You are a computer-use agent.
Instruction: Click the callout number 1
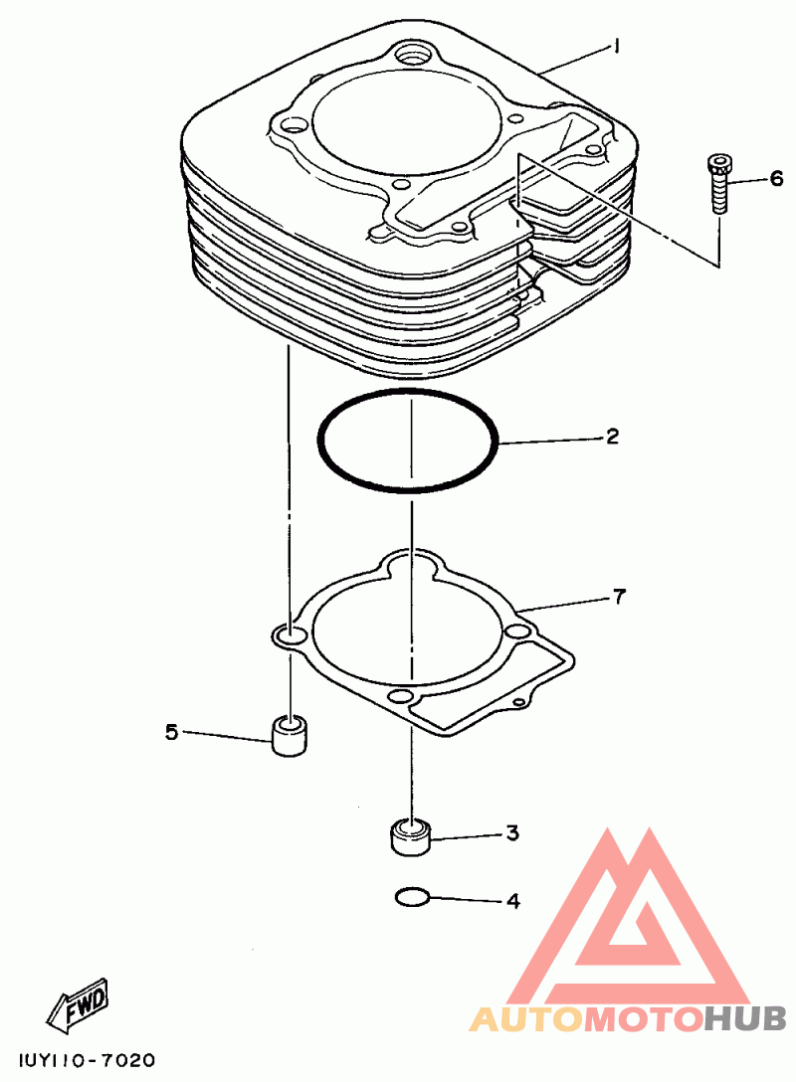click(617, 46)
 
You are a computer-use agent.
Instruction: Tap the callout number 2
click(613, 436)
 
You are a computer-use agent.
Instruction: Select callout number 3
click(512, 833)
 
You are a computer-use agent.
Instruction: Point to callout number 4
click(512, 902)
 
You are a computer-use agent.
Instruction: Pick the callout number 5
click(171, 732)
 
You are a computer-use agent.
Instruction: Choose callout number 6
click(776, 179)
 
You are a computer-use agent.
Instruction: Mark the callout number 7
click(619, 597)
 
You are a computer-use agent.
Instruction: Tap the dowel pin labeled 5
click(289, 735)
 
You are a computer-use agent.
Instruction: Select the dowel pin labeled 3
click(409, 836)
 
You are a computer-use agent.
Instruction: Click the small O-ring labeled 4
click(411, 898)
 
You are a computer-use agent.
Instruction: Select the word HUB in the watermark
click(745, 1018)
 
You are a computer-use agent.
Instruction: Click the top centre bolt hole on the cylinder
click(410, 52)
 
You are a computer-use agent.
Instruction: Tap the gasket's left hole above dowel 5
click(290, 635)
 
